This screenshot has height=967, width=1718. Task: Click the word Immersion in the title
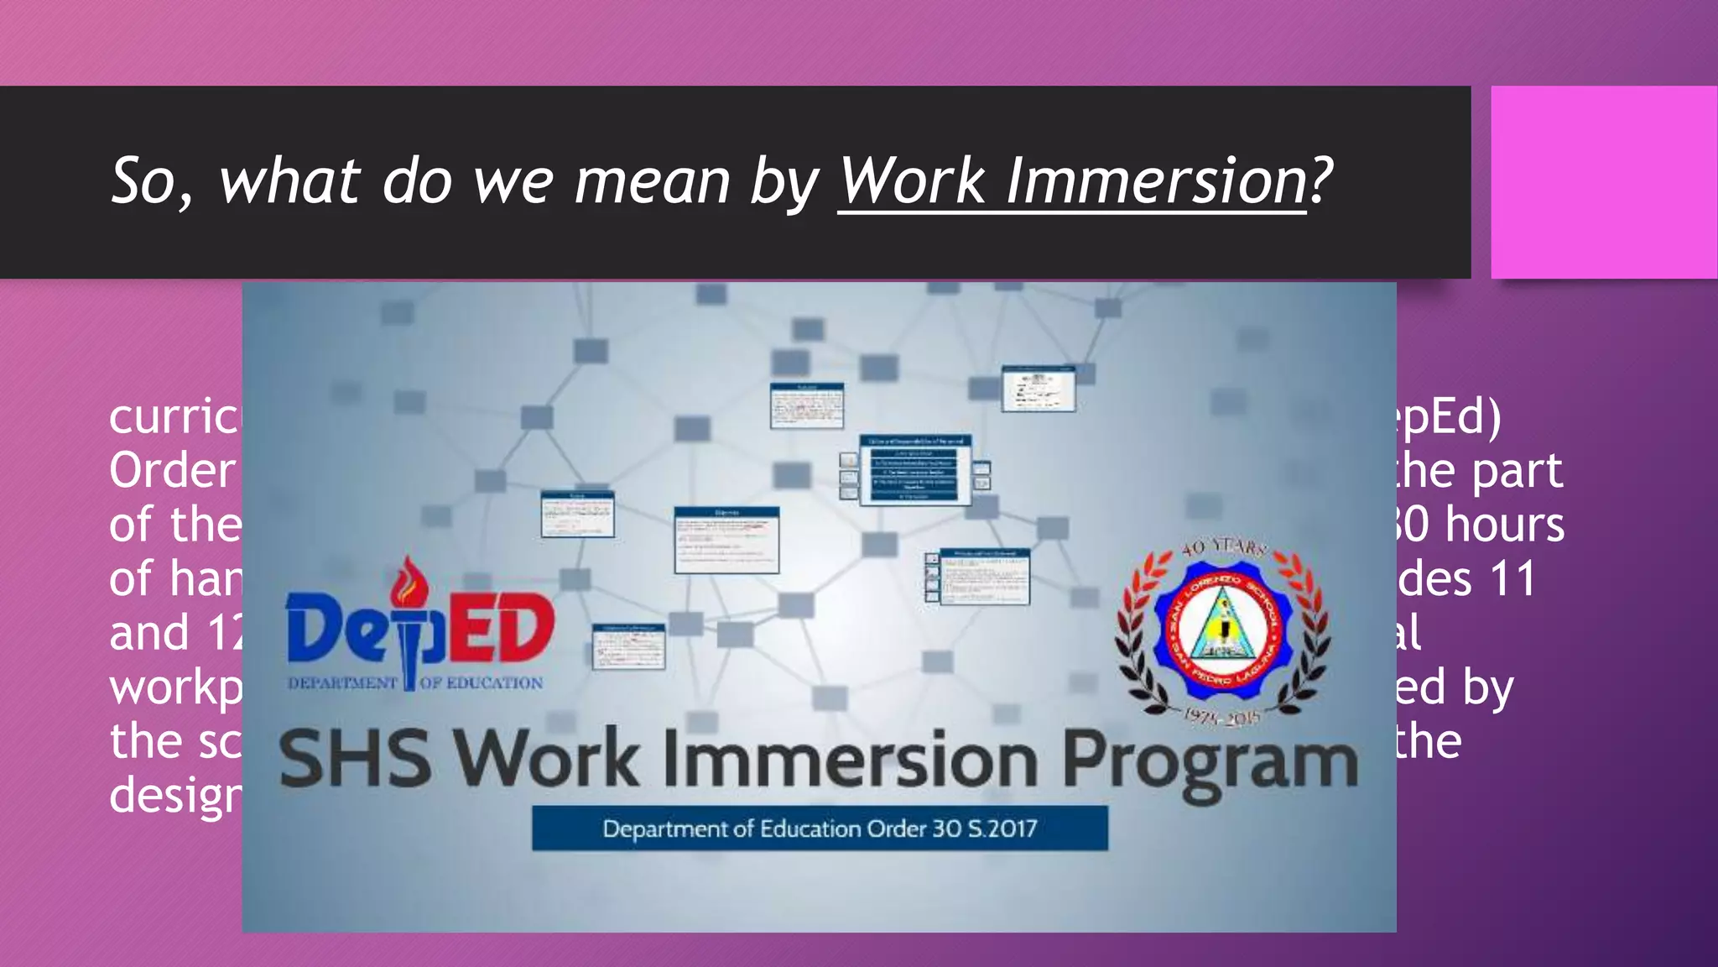[x=1155, y=180]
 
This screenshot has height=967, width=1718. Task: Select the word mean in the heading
[x=652, y=182]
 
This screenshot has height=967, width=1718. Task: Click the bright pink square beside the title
[x=1603, y=182]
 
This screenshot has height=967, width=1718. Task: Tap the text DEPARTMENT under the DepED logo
[x=342, y=683]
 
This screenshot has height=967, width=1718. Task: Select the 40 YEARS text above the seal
[x=1223, y=548]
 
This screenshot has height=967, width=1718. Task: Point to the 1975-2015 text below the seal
[x=1221, y=716]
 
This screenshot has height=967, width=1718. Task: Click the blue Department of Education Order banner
[x=820, y=828]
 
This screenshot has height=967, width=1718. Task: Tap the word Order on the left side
[x=172, y=471]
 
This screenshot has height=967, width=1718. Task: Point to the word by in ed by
[x=1488, y=688]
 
